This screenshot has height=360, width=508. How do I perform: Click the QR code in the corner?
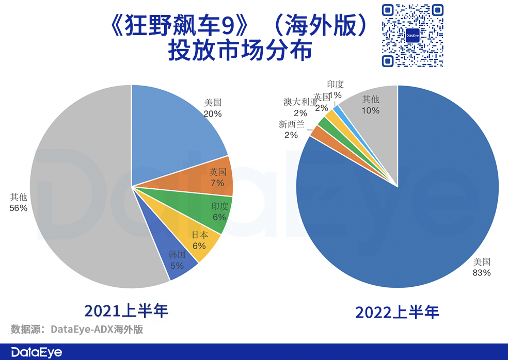pyautogui.click(x=412, y=36)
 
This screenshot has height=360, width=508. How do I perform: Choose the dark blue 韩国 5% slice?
pyautogui.click(x=176, y=258)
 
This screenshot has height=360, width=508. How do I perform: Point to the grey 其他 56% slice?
pyautogui.click(x=77, y=196)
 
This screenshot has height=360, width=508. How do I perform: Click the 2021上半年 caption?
pyautogui.click(x=126, y=310)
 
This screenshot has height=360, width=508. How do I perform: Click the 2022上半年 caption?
pyautogui.click(x=397, y=312)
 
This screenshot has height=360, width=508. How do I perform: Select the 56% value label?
pyautogui.click(x=18, y=208)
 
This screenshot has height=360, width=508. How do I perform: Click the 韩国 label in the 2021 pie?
pyautogui.click(x=177, y=255)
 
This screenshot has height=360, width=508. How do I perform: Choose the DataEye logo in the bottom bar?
pyautogui.click(x=36, y=352)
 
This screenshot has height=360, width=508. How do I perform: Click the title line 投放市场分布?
pyautogui.click(x=240, y=51)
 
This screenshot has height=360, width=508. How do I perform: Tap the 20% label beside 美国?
pyautogui.click(x=213, y=113)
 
